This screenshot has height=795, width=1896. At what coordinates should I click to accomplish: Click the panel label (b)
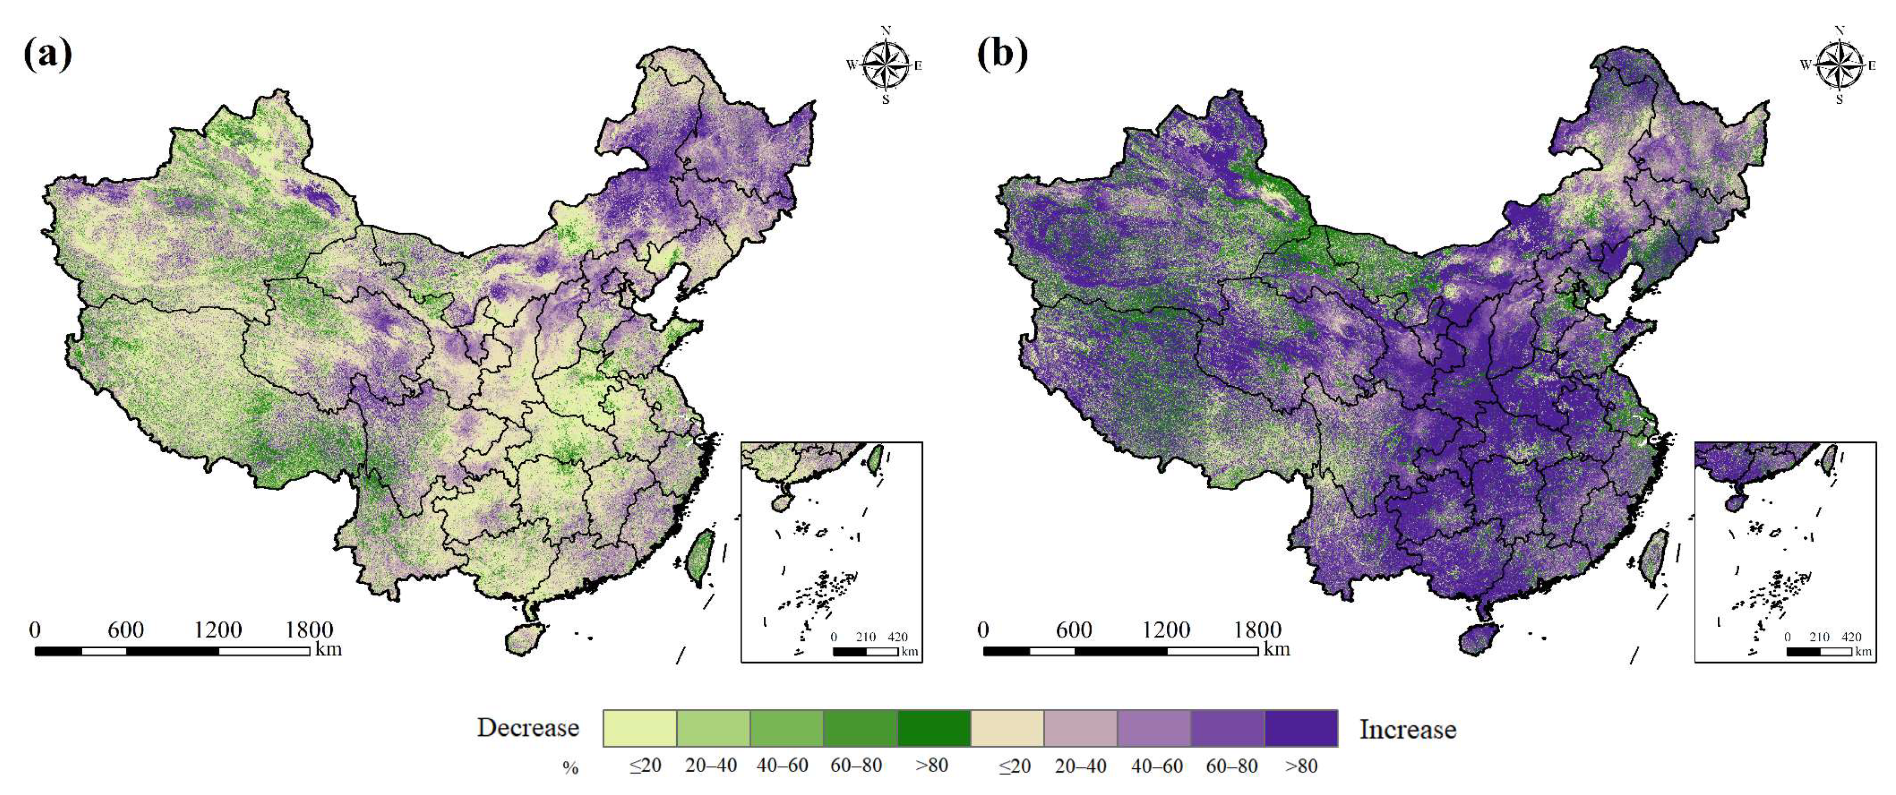[1002, 55]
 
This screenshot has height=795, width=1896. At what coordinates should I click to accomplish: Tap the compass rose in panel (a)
[885, 65]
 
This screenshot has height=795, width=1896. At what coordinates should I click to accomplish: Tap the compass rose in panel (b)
[1838, 65]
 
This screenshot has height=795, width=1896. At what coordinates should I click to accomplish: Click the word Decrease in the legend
[528, 728]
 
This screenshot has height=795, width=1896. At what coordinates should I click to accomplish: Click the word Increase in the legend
[1407, 729]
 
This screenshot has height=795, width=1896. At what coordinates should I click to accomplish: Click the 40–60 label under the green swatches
[783, 766]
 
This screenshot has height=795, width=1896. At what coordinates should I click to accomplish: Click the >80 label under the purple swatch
[1301, 766]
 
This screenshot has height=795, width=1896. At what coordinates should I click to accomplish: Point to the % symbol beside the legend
[570, 768]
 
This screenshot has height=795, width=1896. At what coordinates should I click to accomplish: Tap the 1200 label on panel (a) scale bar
[218, 630]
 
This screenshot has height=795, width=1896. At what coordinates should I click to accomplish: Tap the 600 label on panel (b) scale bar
[1074, 630]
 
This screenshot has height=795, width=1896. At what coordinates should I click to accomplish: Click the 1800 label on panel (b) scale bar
[1257, 630]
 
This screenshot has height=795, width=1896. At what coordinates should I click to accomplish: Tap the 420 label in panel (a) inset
[897, 637]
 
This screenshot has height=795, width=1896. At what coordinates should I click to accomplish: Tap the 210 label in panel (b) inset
[1819, 637]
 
